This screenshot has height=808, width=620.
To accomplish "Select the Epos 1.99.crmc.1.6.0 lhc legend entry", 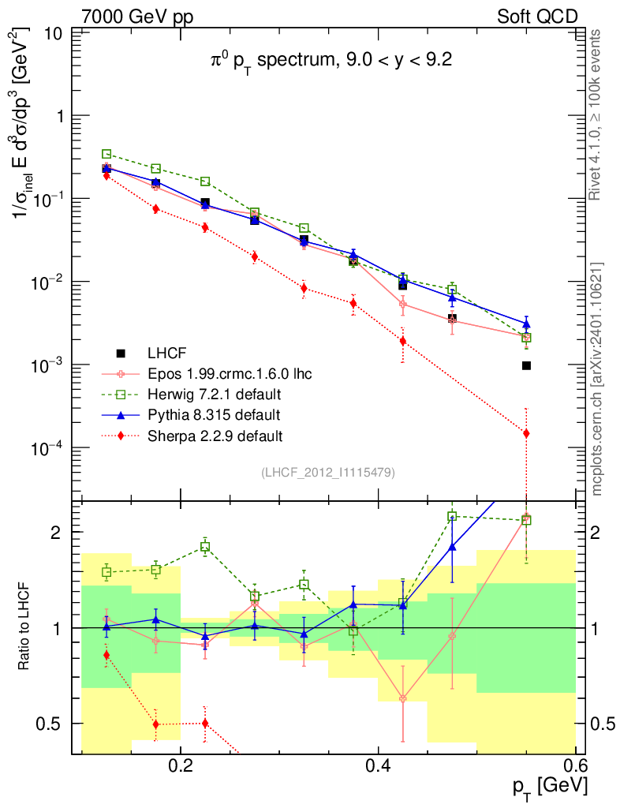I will (x=229, y=373).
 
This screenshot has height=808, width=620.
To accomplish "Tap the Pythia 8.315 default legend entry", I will (x=213, y=414).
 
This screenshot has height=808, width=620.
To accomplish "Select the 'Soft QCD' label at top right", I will (x=537, y=16).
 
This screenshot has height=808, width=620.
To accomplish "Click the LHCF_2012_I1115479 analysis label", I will (x=327, y=473).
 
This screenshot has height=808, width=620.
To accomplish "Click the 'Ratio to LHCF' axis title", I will (x=26, y=627).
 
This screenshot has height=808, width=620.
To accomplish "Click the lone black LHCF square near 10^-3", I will (x=526, y=365).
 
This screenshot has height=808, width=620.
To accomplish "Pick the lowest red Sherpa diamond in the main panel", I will (x=526, y=433).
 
